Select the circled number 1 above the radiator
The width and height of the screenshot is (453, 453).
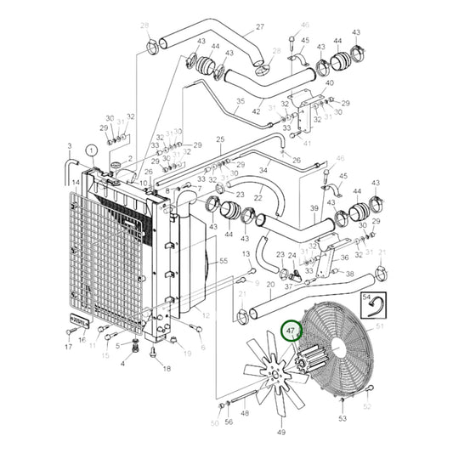(x=90, y=151)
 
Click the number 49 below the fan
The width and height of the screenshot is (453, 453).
(x=281, y=433)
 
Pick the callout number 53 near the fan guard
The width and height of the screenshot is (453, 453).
(x=343, y=419)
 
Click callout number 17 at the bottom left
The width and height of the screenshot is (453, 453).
(x=69, y=347)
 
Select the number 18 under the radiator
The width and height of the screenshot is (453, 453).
(x=167, y=368)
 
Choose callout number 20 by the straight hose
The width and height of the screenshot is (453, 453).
(x=271, y=285)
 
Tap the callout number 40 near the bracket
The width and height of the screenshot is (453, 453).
(x=330, y=83)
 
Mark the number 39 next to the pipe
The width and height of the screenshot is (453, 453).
(x=314, y=208)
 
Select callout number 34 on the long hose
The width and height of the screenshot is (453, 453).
(x=263, y=171)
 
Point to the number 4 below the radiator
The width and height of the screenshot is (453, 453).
(x=123, y=364)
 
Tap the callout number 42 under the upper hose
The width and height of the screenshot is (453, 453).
(x=256, y=111)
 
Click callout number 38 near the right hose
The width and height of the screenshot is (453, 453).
(x=349, y=274)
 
